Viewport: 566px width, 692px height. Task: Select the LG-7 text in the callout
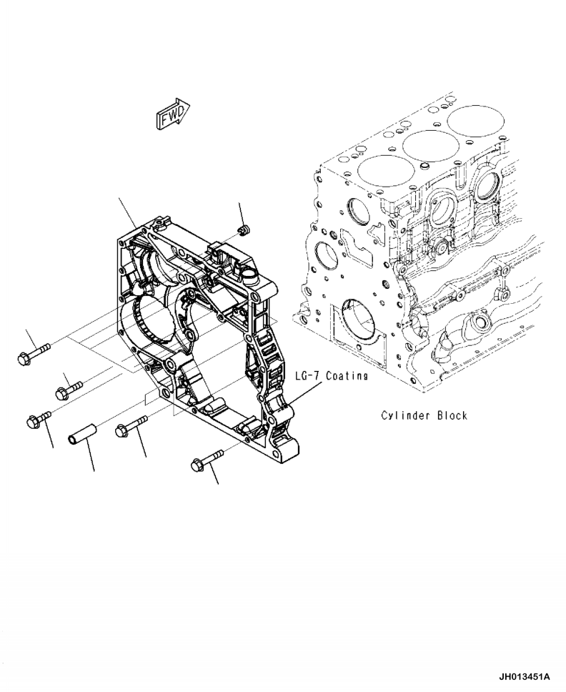click(x=308, y=375)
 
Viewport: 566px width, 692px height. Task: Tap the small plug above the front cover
click(x=244, y=229)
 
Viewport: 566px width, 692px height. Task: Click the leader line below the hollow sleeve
click(x=91, y=458)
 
